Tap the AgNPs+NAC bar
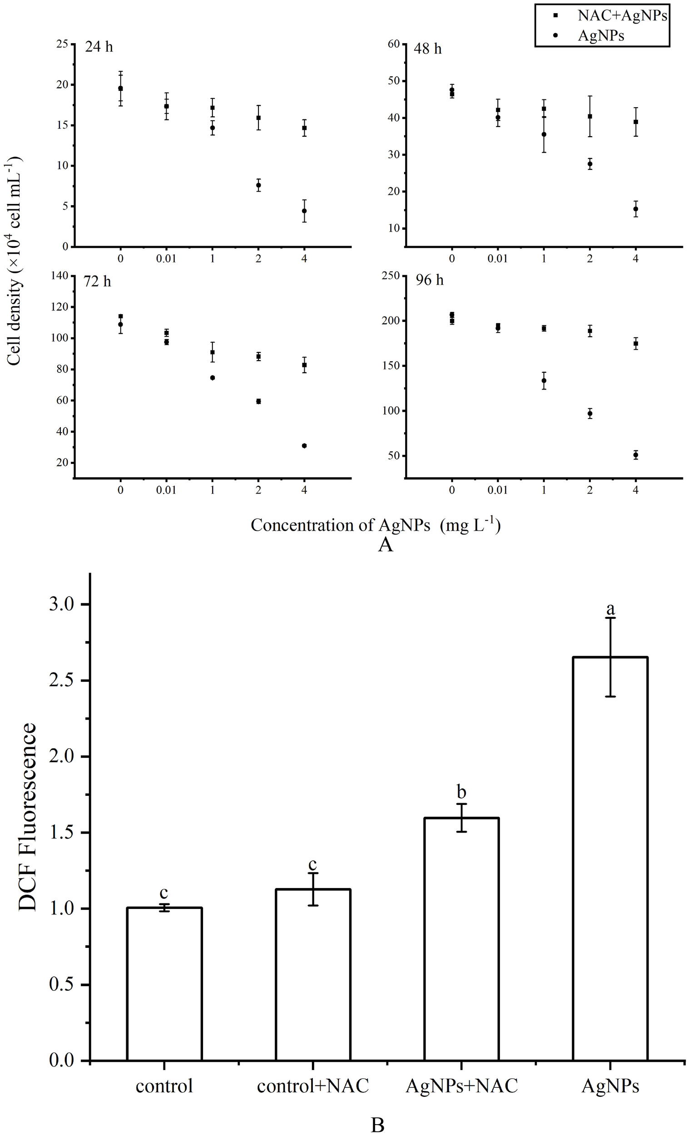click(x=461, y=940)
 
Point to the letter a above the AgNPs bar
click(x=610, y=609)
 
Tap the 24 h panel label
click(x=99, y=47)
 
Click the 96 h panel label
click(x=430, y=280)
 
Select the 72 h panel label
click(x=97, y=281)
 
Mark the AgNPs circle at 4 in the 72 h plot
click(x=304, y=445)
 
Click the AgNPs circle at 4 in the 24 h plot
click(x=304, y=211)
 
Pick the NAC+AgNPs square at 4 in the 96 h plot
click(x=635, y=344)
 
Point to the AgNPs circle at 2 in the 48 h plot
click(x=589, y=164)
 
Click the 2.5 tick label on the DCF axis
click(x=62, y=681)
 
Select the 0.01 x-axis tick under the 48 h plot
click(x=497, y=259)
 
